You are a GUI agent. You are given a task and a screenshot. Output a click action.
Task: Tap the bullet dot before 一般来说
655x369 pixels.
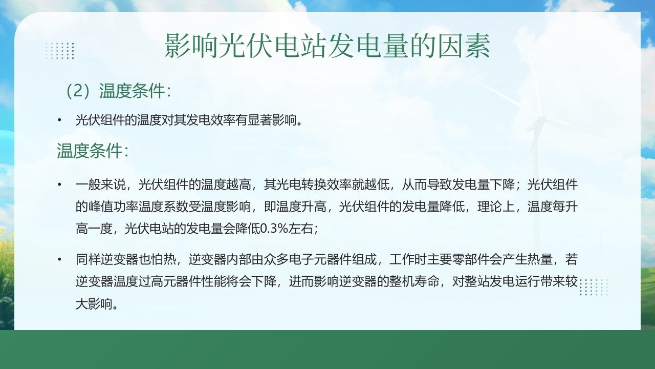coord(60,185)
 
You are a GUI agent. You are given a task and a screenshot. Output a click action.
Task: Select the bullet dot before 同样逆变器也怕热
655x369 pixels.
coord(60,260)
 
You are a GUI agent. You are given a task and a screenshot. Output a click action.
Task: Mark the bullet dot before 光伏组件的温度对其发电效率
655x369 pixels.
coord(60,120)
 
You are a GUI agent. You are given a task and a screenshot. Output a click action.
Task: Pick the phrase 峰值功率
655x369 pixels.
coord(113,207)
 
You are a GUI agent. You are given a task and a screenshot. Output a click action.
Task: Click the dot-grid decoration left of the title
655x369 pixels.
coord(60,51)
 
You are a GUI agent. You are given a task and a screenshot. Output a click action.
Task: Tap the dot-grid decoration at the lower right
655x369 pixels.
coord(594,287)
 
